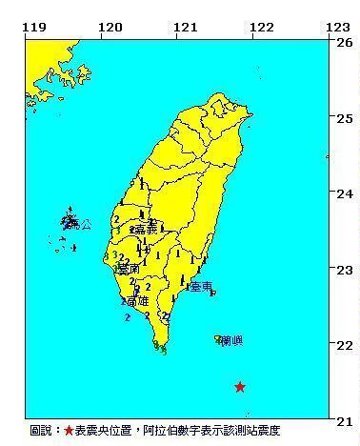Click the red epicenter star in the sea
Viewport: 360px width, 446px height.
tap(240, 387)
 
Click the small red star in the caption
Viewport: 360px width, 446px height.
tap(69, 432)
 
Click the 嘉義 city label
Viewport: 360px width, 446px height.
tap(146, 230)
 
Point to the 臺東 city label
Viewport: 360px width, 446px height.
tap(200, 286)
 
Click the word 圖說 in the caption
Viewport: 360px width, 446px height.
tap(42, 432)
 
